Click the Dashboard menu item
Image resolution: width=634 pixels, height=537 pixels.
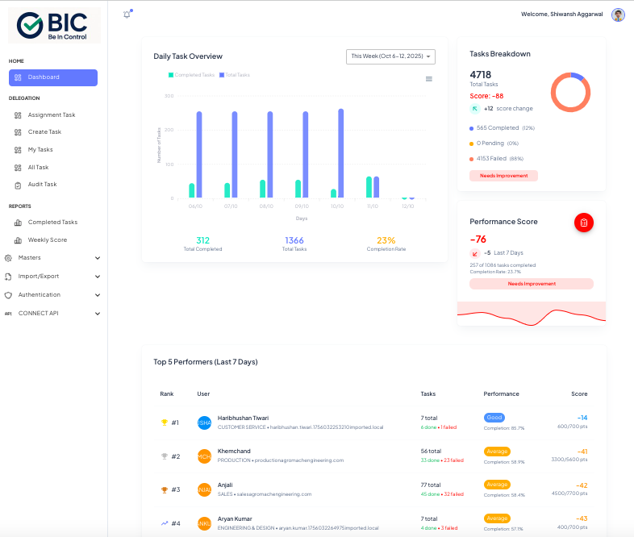pyautogui.click(x=53, y=77)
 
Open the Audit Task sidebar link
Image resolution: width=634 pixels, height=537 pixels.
pyautogui.click(x=42, y=185)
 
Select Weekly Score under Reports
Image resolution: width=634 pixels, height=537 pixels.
pyautogui.click(x=47, y=240)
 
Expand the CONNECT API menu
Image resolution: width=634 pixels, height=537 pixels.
pyautogui.click(x=53, y=313)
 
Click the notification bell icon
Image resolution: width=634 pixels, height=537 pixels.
pyautogui.click(x=127, y=15)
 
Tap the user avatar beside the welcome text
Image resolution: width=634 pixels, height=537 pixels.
pyautogui.click(x=618, y=15)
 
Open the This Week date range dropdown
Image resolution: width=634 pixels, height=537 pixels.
pyautogui.click(x=391, y=56)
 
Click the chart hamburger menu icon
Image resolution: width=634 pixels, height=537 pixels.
pyautogui.click(x=429, y=79)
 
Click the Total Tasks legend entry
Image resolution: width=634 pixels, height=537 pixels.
pyautogui.click(x=235, y=75)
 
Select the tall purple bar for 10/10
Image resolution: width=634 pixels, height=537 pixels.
pyautogui.click(x=340, y=153)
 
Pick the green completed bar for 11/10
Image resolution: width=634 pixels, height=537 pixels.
pyautogui.click(x=369, y=187)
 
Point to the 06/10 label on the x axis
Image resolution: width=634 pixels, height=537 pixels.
pyautogui.click(x=195, y=206)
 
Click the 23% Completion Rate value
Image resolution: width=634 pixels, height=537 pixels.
pyautogui.click(x=386, y=240)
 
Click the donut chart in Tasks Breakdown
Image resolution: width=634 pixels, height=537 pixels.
pyautogui.click(x=571, y=93)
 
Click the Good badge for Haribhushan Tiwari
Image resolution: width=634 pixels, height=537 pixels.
pyautogui.click(x=494, y=418)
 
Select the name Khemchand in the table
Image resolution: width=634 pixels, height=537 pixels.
pyautogui.click(x=233, y=452)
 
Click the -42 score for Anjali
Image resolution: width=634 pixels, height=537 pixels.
pyautogui.click(x=581, y=485)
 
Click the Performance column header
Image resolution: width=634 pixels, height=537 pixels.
pyautogui.click(x=501, y=394)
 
